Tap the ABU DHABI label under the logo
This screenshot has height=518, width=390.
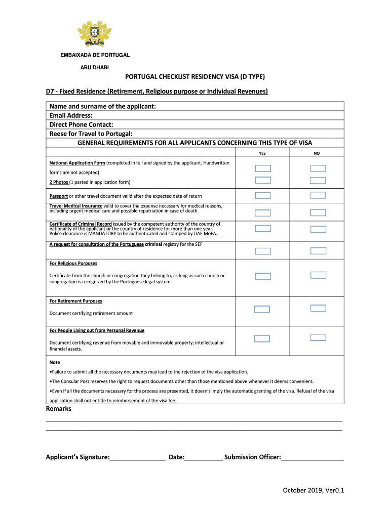(x=95, y=67)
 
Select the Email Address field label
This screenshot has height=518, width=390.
(x=71, y=115)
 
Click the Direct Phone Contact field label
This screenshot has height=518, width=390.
(x=81, y=124)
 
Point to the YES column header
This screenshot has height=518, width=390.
(x=262, y=153)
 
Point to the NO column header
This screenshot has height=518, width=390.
(x=317, y=153)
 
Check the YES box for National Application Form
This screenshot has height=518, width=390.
(x=263, y=168)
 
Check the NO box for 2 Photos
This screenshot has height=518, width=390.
(x=318, y=180)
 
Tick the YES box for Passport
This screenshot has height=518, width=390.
(x=263, y=195)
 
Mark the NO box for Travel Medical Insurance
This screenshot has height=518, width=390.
(x=318, y=212)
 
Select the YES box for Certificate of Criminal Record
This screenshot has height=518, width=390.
(x=263, y=229)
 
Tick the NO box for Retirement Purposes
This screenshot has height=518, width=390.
(x=318, y=308)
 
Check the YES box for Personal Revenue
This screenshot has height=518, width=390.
(x=262, y=339)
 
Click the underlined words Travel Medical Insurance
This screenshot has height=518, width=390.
(x=76, y=206)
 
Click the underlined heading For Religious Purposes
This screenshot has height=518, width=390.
(x=73, y=264)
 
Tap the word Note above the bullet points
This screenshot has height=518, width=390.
(x=55, y=362)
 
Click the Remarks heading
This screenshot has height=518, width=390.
(x=59, y=409)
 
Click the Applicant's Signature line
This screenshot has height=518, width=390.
(x=137, y=457)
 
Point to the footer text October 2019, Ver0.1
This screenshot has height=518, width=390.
(x=314, y=490)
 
